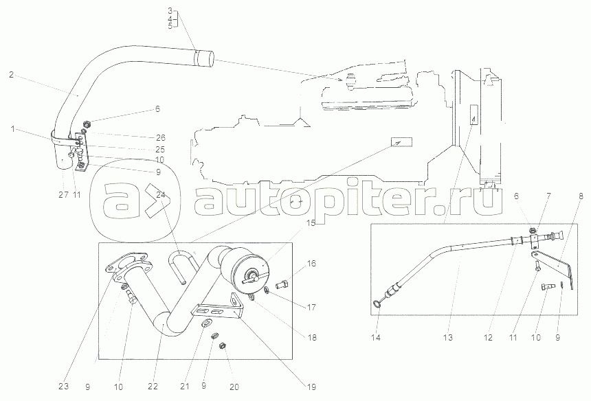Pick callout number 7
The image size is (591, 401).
tap(548, 196)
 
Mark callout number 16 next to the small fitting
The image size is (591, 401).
tap(311, 263)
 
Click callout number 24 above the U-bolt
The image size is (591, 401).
tap(161, 194)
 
